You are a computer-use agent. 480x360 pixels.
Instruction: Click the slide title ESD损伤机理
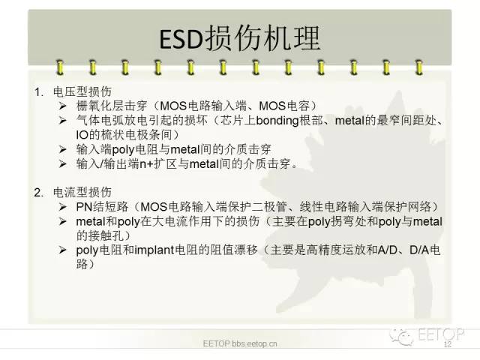240,39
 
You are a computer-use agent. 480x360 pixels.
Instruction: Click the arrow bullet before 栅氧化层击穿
62,106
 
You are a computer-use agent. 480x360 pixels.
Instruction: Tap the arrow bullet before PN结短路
62,206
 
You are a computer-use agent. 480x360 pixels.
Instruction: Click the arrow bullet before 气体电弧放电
62,121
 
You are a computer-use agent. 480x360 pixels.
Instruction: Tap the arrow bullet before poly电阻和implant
62,250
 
